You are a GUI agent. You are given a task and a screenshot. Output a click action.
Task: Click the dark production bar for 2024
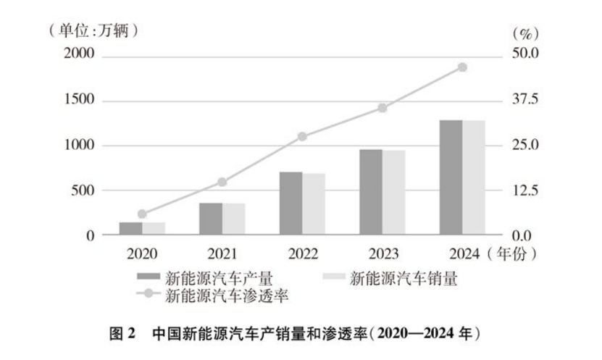451,177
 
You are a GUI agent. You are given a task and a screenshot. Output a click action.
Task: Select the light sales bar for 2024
474,177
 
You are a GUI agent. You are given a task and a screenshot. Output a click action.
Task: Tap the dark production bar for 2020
130,229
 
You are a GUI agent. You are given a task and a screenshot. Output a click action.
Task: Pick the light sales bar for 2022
314,204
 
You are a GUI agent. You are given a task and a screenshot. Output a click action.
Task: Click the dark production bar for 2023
371,193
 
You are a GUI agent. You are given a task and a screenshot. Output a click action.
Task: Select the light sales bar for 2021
233,219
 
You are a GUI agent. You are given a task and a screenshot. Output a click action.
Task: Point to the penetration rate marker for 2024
462,67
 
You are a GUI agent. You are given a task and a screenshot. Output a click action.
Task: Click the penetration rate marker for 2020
142,214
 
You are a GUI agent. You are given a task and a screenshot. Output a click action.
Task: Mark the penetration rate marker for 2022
302,136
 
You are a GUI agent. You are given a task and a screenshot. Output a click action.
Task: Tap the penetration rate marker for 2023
382,108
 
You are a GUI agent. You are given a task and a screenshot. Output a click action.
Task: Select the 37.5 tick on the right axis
525,100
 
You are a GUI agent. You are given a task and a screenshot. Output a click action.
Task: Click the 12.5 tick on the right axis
525,191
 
